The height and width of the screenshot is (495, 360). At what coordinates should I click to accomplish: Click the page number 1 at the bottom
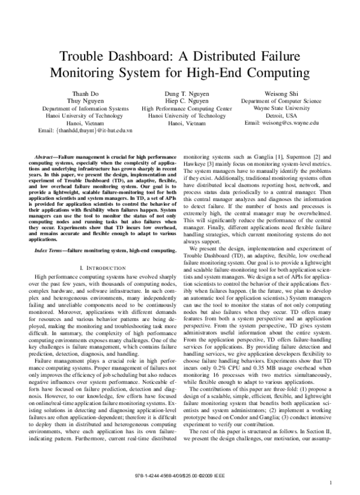point(331,482)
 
